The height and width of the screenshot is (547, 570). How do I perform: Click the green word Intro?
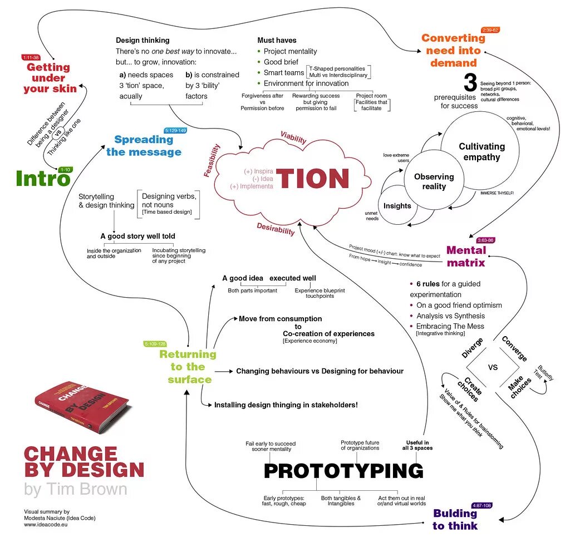tap(43, 179)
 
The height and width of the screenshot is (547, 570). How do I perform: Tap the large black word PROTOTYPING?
tap(343, 471)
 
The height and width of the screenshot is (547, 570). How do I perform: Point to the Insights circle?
tap(397, 206)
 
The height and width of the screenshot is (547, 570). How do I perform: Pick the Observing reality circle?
tap(434, 181)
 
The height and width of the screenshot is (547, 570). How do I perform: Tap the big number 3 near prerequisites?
tap(470, 83)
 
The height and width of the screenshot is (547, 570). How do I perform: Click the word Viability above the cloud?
tap(293, 138)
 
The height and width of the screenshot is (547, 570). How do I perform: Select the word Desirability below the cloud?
tap(276, 228)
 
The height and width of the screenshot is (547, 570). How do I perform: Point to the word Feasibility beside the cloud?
tap(212, 160)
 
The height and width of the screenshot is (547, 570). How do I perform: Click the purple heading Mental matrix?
tap(466, 256)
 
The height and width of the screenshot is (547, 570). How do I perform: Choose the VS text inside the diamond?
tap(493, 367)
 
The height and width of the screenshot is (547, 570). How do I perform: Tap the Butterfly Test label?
tap(545, 373)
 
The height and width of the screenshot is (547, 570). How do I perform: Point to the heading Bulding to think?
tap(455, 519)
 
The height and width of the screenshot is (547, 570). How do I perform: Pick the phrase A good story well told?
tap(137, 236)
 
